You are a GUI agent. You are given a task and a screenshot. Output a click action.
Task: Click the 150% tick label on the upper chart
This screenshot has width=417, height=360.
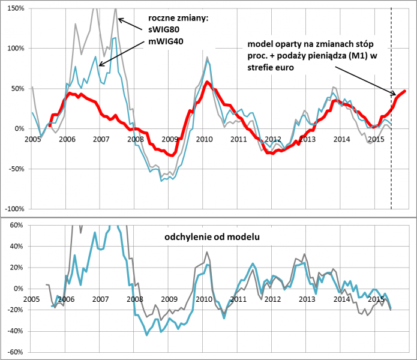(14, 8)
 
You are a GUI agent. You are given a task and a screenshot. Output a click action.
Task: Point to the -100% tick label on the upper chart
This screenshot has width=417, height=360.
(13, 208)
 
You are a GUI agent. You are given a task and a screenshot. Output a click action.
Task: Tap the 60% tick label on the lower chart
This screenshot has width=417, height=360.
(14, 225)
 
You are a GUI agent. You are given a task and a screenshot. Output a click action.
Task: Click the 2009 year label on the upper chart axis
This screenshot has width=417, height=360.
(170, 139)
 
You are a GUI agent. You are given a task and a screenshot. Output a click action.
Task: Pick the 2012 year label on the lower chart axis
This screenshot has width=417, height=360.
(273, 299)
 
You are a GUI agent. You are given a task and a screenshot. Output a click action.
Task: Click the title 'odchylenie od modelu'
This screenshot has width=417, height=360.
(211, 238)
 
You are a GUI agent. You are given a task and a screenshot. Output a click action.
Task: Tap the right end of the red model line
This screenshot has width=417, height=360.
(405, 91)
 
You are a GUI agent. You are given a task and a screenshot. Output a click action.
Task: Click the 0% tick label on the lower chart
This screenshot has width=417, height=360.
(16, 289)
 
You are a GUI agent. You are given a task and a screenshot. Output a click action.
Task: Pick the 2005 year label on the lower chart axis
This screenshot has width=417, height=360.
(32, 299)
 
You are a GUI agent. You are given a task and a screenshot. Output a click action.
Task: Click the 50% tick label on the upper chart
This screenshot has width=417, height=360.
(16, 88)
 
